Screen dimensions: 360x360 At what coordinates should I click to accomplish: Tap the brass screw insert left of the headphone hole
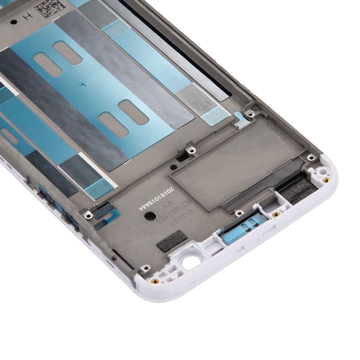[x=155, y=280]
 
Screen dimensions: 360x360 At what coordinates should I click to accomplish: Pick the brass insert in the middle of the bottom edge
[x=276, y=215]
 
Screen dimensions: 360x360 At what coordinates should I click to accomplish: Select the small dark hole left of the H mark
[x=14, y=22]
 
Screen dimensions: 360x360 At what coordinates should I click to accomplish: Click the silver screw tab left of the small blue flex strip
[x=87, y=214]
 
